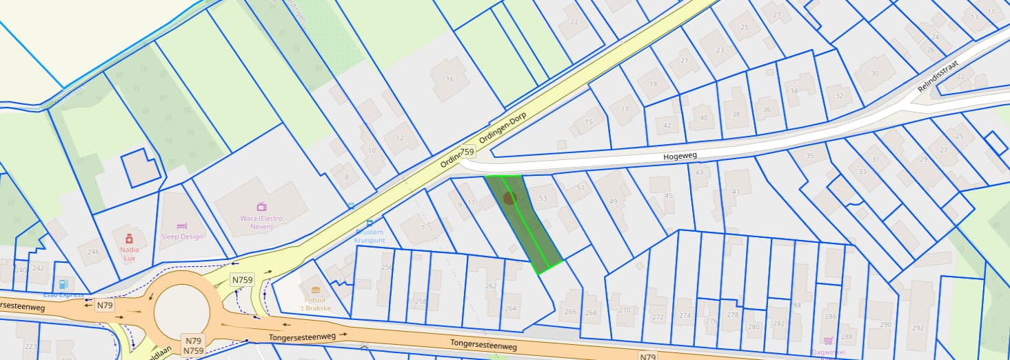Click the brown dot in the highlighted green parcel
(509, 199)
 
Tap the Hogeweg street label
(681, 157)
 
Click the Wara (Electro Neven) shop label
(261, 222)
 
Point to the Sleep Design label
(182, 236)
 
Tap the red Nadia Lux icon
(129, 238)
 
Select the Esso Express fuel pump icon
(63, 283)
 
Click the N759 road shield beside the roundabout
(242, 280)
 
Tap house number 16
(450, 79)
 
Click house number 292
(918, 328)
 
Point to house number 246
(93, 252)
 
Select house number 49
(613, 201)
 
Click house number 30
(875, 74)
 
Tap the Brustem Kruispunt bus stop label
(368, 237)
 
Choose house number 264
(510, 308)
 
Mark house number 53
(543, 199)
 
